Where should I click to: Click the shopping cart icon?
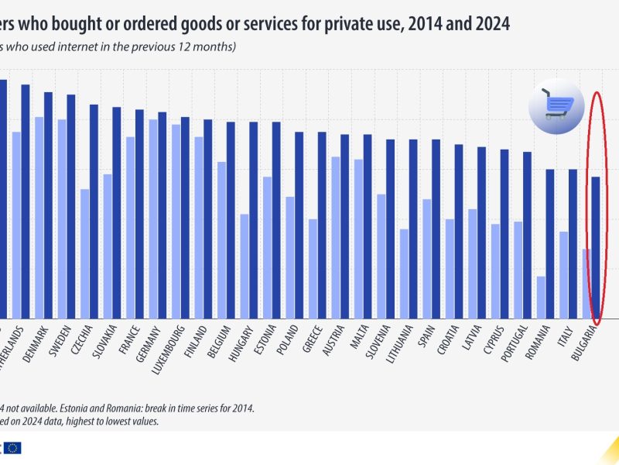(556, 106)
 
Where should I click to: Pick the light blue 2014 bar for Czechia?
(84, 253)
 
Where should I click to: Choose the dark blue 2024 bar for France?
(139, 213)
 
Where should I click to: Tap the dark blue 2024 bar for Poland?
(299, 225)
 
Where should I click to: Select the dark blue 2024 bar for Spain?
(436, 229)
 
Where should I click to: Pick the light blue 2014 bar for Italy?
(564, 274)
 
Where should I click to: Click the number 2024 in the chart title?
(487, 24)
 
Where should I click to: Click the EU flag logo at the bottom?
(12, 447)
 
